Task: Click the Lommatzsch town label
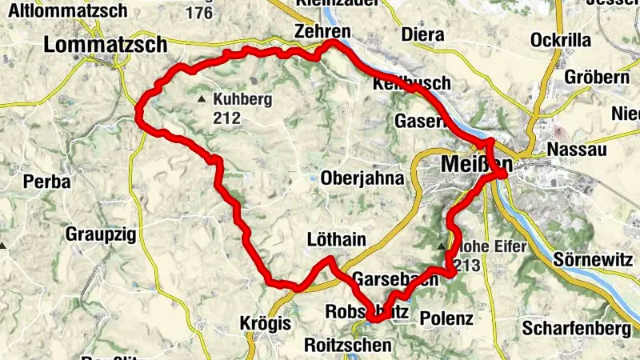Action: pyautogui.click(x=105, y=45)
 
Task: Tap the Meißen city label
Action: pyautogui.click(x=474, y=164)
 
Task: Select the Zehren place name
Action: pyautogui.click(x=322, y=31)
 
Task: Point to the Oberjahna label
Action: pyautogui.click(x=362, y=178)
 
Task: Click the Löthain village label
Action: pyautogui.click(x=337, y=239)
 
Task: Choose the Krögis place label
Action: pyautogui.click(x=261, y=323)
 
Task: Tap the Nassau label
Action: pyautogui.click(x=577, y=150)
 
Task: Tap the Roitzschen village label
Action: pyautogui.click(x=348, y=346)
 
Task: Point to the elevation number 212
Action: pyautogui.click(x=226, y=118)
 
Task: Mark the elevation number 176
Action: pyautogui.click(x=198, y=13)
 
